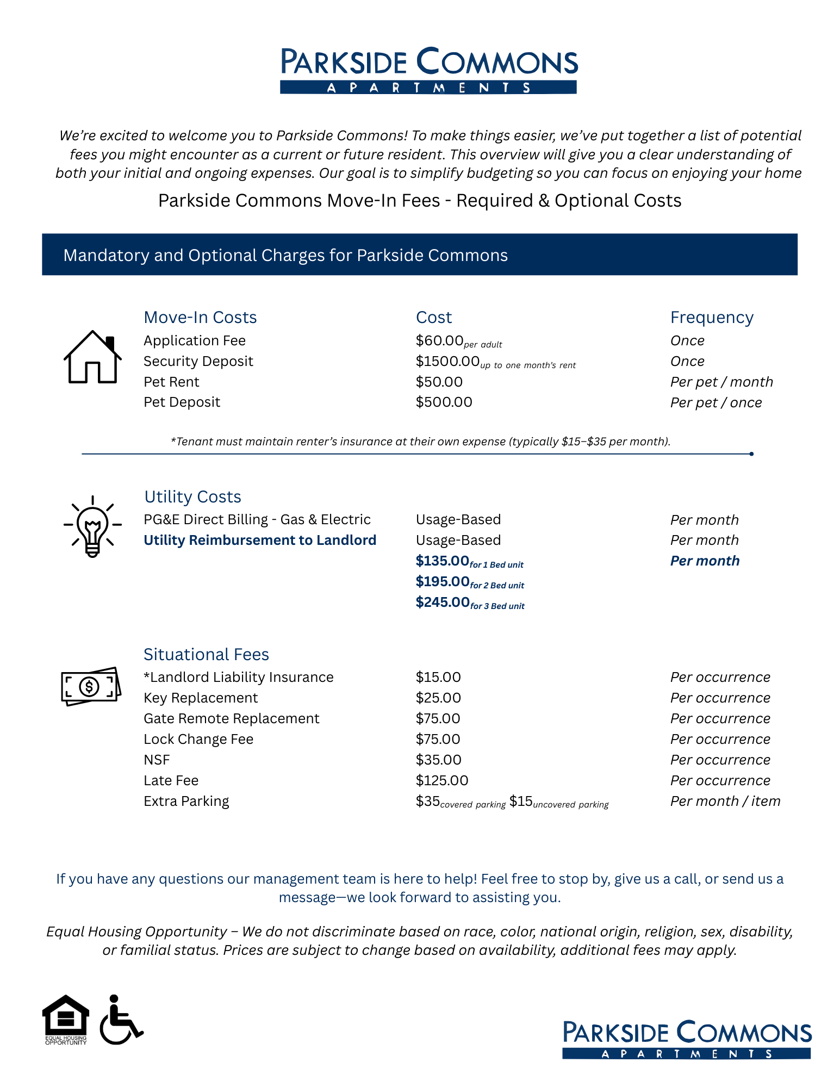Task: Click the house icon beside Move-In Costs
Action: (92, 357)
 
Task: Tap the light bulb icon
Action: (92, 526)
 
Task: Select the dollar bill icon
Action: (91, 687)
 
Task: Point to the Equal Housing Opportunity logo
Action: (66, 1019)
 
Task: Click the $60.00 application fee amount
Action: (439, 341)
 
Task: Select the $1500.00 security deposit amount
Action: (447, 362)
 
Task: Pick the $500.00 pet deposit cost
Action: (444, 402)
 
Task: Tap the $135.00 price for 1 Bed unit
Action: (442, 561)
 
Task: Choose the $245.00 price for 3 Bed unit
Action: (443, 602)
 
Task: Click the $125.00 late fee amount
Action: (441, 781)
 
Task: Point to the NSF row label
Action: (157, 760)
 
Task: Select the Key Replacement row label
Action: (201, 698)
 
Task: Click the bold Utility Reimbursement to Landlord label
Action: (260, 541)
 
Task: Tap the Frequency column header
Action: (712, 318)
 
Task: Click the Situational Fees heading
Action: (206, 655)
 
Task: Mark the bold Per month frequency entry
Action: (705, 561)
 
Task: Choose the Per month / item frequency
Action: (725, 802)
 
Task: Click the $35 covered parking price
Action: (428, 802)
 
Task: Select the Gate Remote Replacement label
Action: (231, 719)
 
